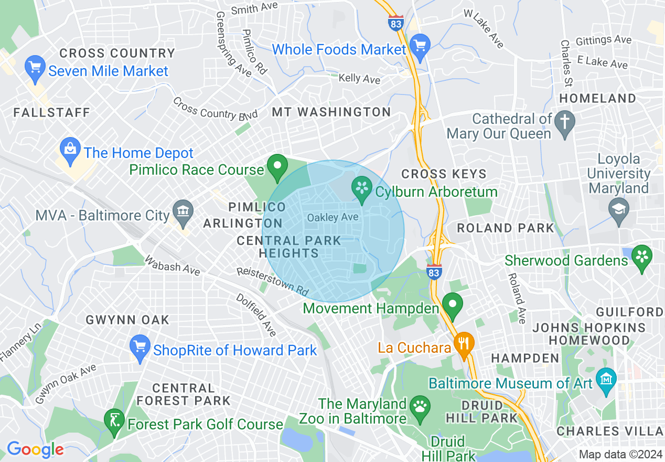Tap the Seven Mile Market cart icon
click(35, 68)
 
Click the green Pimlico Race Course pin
click(277, 166)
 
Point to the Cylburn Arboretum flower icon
click(361, 188)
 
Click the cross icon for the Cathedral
click(565, 122)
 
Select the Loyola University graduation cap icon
click(619, 211)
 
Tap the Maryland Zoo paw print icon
click(420, 407)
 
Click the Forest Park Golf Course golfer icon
click(114, 421)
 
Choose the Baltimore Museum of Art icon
click(607, 379)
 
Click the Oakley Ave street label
click(332, 217)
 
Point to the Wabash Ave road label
click(173, 266)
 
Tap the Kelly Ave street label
click(359, 78)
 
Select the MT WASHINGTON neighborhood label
click(331, 112)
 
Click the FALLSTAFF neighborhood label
click(52, 112)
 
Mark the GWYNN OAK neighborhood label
click(127, 320)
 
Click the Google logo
click(35, 449)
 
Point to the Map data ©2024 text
click(620, 455)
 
